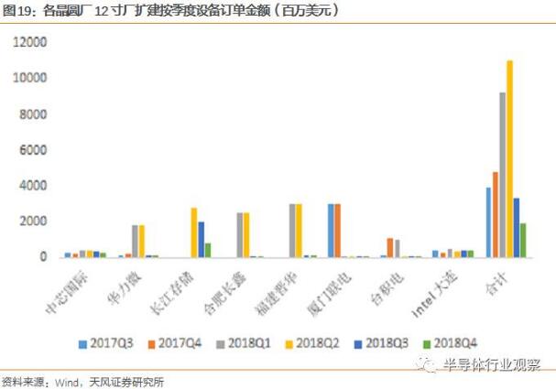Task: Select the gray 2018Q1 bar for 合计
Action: click(502, 175)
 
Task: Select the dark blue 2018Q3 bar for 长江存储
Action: click(202, 239)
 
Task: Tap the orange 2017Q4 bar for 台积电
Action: click(389, 247)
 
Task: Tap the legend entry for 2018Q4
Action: click(448, 343)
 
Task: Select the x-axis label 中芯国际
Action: click(65, 290)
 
